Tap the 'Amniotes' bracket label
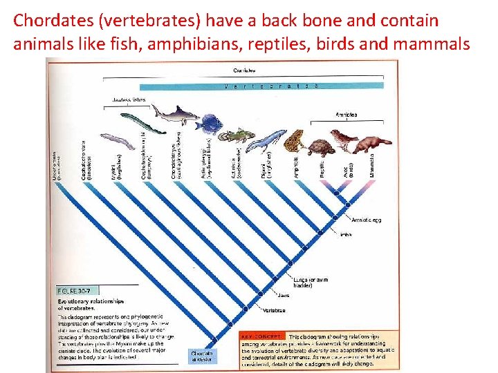(x=346, y=115)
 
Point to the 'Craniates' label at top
(x=244, y=70)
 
